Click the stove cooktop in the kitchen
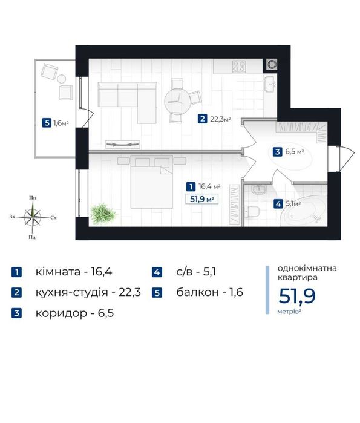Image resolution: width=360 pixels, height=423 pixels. [240, 67]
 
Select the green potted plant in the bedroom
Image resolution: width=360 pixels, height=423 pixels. [102, 213]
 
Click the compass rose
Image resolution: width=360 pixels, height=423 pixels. [32, 217]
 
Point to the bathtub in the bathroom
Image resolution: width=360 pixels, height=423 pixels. [303, 211]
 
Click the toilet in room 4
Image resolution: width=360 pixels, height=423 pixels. [252, 212]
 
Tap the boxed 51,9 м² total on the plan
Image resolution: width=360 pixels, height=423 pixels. [202, 199]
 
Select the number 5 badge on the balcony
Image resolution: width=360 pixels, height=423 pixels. [47, 123]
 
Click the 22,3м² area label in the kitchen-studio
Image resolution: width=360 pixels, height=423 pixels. [221, 119]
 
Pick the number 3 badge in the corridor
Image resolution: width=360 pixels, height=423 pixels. [277, 152]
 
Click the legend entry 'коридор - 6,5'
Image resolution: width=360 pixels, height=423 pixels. [74, 313]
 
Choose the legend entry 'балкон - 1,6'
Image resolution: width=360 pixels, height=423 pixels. [210, 292]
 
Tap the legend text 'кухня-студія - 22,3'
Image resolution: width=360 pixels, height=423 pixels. [88, 292]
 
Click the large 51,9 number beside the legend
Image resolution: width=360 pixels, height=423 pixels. [297, 296]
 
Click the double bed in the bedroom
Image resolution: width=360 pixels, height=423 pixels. [151, 182]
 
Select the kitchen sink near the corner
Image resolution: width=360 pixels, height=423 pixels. [270, 84]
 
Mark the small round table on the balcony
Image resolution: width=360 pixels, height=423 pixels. [62, 79]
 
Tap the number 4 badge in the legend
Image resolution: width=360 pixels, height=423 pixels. [157, 272]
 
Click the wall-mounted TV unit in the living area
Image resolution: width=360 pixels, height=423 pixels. [123, 145]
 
